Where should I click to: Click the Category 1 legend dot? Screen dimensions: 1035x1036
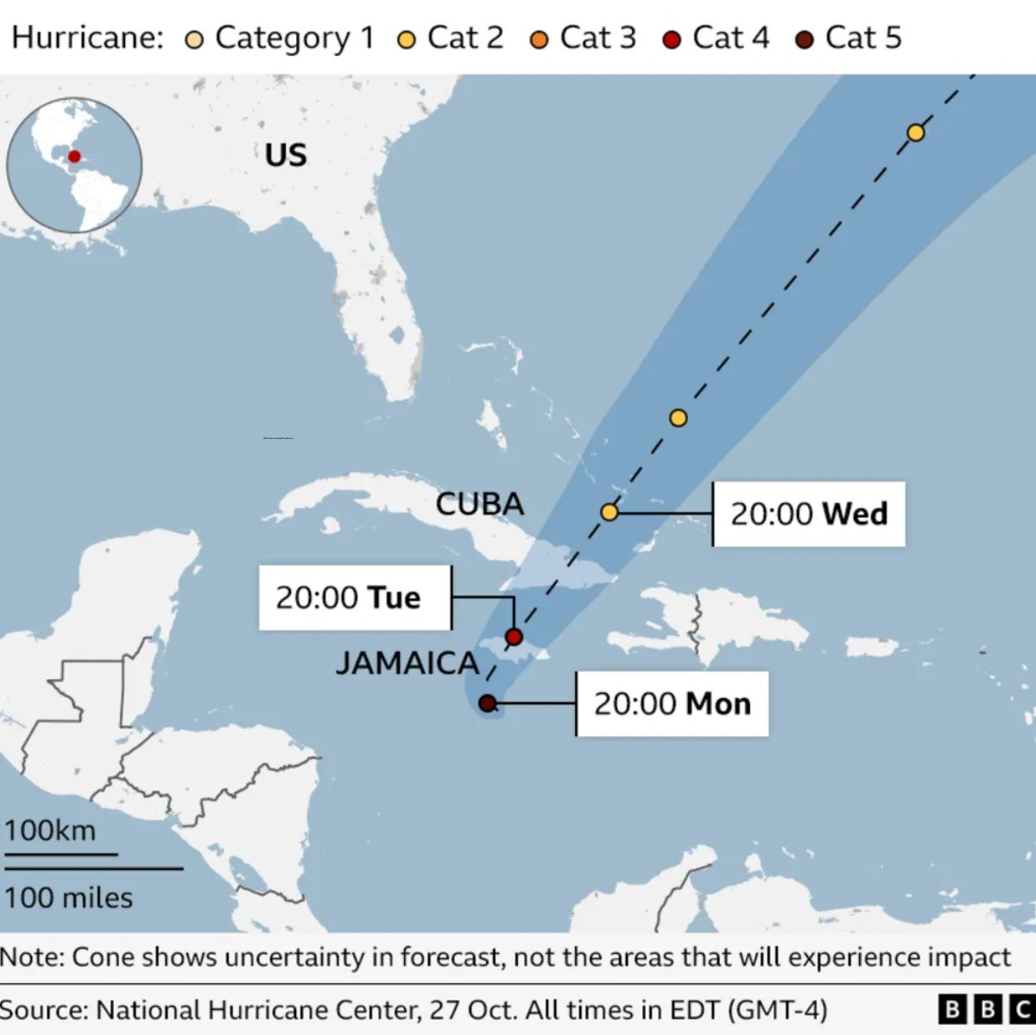[195, 40]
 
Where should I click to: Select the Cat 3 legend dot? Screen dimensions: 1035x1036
[540, 40]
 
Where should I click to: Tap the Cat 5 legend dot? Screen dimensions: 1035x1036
[805, 40]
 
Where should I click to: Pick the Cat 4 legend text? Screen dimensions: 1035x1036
[730, 38]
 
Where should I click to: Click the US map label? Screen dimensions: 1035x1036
[286, 156]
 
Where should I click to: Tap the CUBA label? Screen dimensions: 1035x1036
[479, 504]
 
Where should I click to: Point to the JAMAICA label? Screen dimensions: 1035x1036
[407, 663]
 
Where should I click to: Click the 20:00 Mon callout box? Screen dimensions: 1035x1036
[672, 703]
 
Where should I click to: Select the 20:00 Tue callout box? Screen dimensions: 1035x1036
[354, 597]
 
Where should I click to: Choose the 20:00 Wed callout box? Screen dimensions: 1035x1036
[809, 513]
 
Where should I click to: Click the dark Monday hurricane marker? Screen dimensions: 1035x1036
[487, 703]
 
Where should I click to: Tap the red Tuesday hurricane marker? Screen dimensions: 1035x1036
[514, 637]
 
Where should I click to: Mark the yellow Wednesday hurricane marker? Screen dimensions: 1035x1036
[610, 512]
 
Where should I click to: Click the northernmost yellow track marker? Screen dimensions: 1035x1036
[916, 132]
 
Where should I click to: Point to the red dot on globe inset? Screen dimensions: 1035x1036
[74, 156]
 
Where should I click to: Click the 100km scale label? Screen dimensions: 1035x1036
[50, 830]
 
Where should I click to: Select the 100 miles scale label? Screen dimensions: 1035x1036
[69, 898]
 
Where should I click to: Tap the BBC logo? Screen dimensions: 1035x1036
[987, 1009]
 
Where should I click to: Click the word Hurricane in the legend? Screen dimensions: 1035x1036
[86, 38]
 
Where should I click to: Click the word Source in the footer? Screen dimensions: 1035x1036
[43, 1009]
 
